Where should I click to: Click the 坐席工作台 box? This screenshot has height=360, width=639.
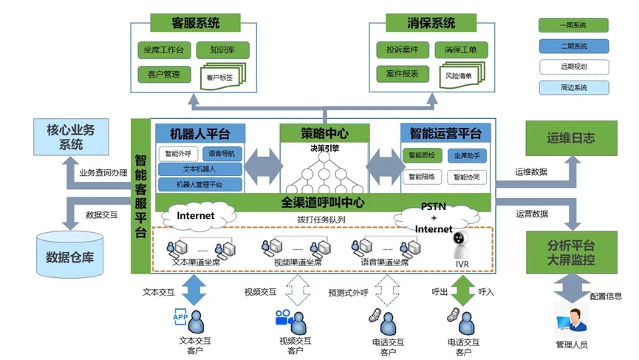click(x=164, y=50)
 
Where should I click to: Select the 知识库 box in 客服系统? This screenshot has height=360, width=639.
click(x=222, y=50)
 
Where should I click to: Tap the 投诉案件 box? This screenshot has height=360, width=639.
click(x=402, y=50)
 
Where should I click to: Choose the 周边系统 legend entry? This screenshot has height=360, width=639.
click(x=573, y=88)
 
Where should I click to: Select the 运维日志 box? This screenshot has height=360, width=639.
click(x=570, y=137)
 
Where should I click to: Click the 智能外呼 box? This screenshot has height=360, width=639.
click(x=178, y=154)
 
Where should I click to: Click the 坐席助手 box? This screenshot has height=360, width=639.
click(x=466, y=156)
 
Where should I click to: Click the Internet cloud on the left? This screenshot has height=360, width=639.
click(x=195, y=216)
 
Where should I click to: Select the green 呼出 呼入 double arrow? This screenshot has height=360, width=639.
click(x=462, y=291)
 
